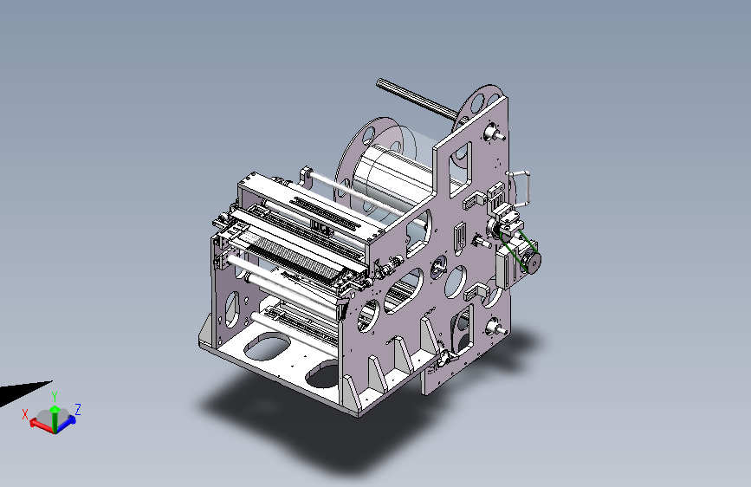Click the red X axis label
coord(25,414)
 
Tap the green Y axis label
coord(55,397)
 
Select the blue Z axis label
coord(78,409)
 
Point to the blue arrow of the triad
coord(67,422)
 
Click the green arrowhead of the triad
coord(55,409)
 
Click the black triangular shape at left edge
coord(22,392)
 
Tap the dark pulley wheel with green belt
coord(533,262)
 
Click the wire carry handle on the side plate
coord(521,187)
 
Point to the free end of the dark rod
coord(379,82)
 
